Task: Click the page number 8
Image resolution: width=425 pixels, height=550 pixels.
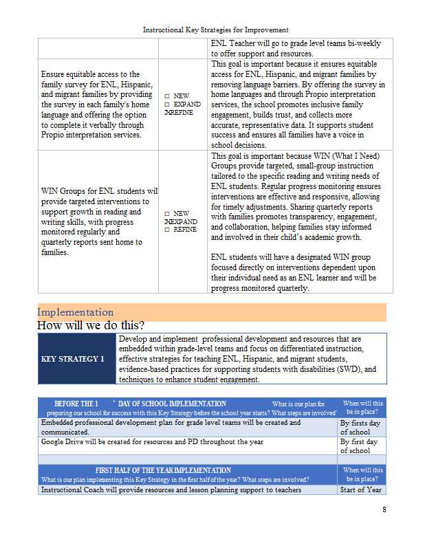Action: click(x=384, y=509)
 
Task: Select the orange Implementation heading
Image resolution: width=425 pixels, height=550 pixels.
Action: click(x=76, y=312)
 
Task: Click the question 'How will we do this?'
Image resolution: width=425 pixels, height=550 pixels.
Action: click(x=91, y=325)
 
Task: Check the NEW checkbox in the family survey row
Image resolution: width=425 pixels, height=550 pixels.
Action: click(x=167, y=96)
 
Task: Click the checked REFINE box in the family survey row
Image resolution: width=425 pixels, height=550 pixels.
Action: click(x=167, y=112)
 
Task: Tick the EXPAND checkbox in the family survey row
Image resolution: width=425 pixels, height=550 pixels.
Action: click(x=167, y=104)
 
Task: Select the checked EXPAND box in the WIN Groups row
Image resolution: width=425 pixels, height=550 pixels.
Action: click(x=168, y=222)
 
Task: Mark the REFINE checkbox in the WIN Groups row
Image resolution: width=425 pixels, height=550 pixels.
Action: click(x=167, y=230)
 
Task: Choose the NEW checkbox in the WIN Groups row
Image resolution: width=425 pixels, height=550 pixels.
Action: click(x=167, y=214)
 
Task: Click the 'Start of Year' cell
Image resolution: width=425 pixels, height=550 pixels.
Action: click(x=361, y=490)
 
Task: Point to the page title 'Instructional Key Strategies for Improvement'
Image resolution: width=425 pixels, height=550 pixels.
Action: click(x=215, y=30)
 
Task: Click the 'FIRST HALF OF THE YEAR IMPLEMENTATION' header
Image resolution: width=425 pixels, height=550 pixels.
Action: click(x=163, y=470)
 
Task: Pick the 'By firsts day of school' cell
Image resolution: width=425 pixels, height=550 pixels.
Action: click(x=360, y=428)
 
